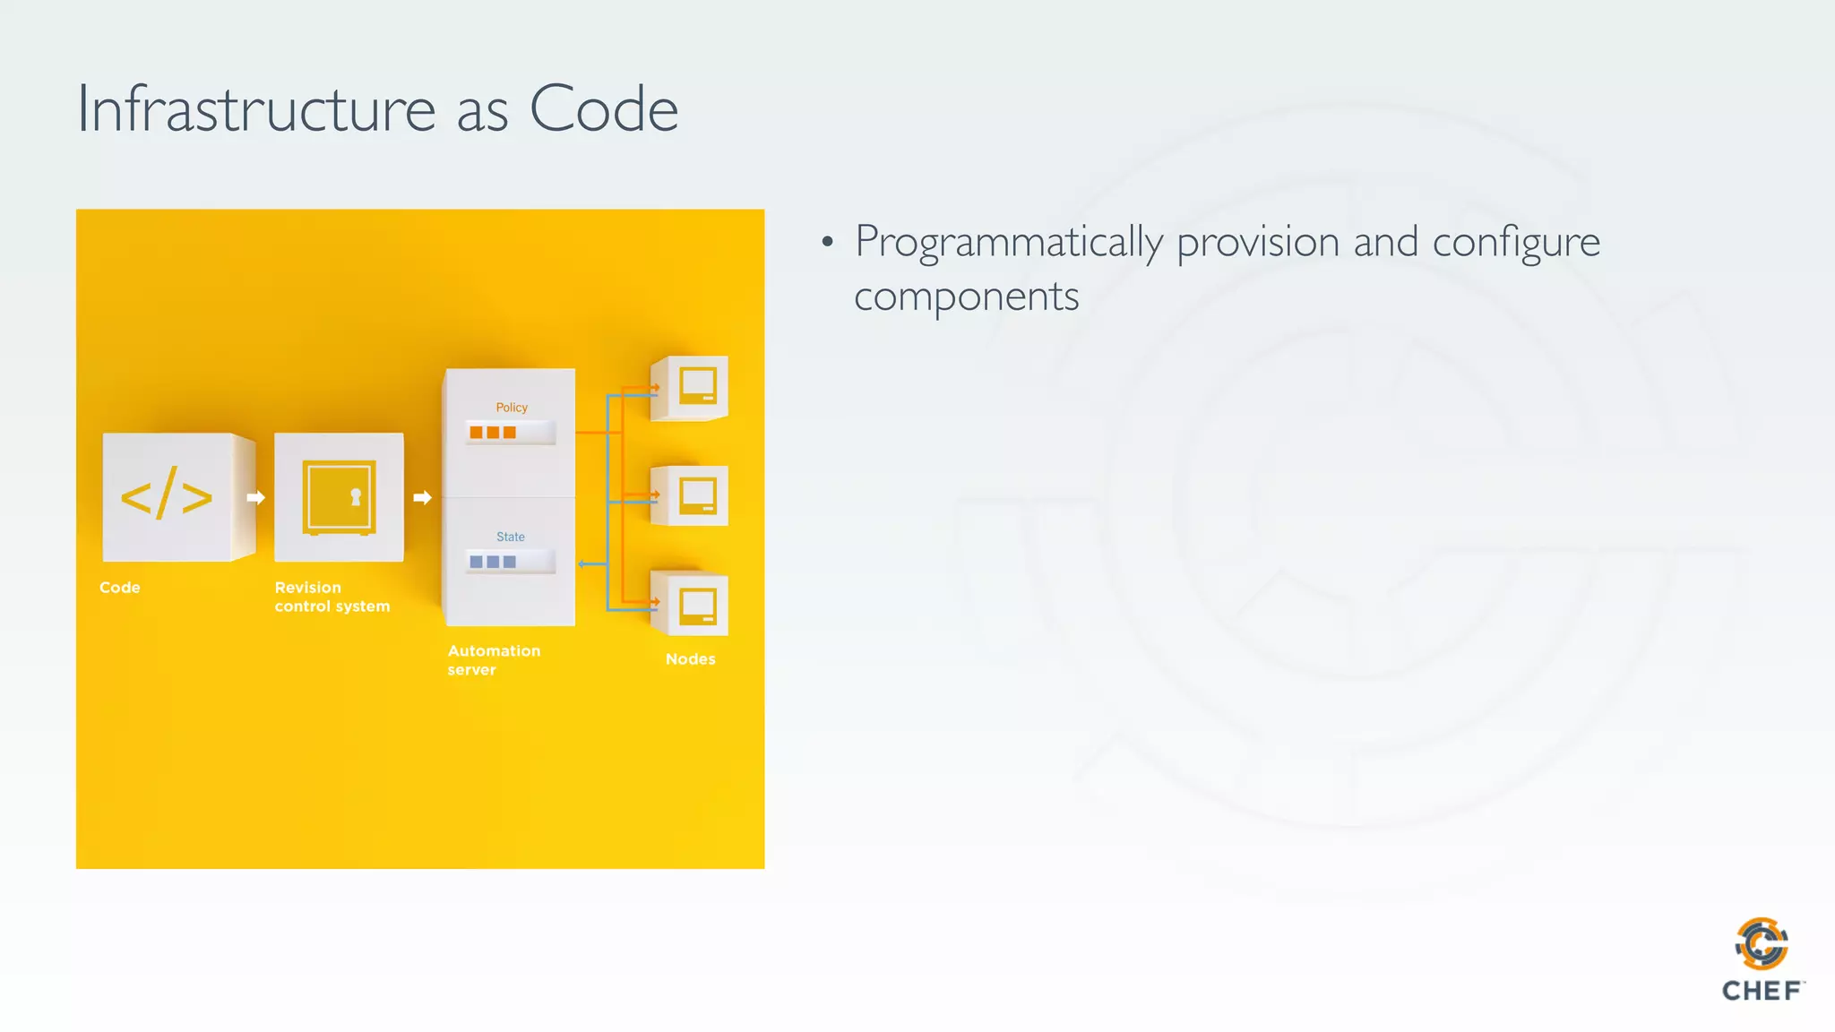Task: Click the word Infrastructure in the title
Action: click(x=256, y=109)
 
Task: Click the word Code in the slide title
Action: click(x=603, y=109)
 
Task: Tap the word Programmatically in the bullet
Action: click(x=1008, y=243)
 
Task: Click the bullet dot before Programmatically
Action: click(x=827, y=242)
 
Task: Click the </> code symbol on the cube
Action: click(x=167, y=495)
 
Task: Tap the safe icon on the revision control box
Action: click(x=339, y=497)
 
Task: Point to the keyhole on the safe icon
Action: click(x=356, y=497)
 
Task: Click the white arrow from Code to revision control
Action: click(x=255, y=497)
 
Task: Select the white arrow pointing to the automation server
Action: click(x=423, y=497)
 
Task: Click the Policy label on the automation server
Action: click(x=512, y=408)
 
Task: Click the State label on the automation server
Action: click(x=511, y=537)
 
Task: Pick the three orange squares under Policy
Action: click(x=493, y=433)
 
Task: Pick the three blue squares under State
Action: click(x=493, y=562)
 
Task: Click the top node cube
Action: click(x=692, y=387)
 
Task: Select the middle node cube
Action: click(x=692, y=495)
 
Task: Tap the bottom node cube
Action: click(x=692, y=605)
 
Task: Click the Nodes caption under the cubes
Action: click(x=690, y=659)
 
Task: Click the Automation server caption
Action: click(x=494, y=660)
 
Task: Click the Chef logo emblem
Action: click(x=1762, y=942)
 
